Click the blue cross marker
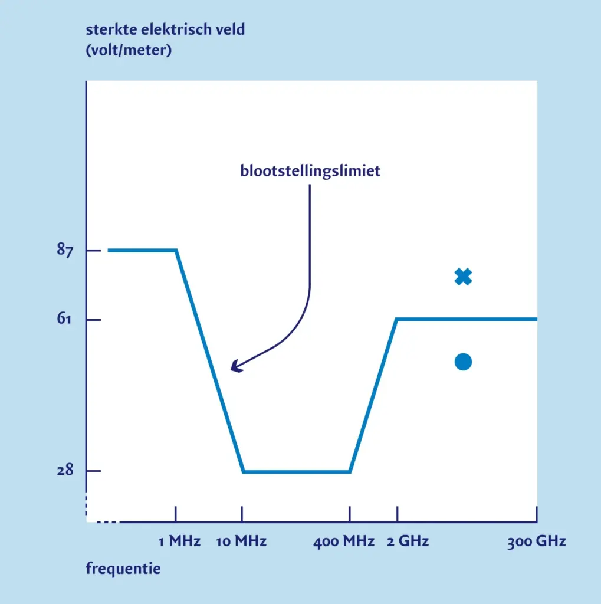464,277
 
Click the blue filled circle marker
464,362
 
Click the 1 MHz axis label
179,541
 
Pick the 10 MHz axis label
241,541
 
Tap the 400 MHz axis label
344,541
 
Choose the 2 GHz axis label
408,541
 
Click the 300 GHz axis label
536,541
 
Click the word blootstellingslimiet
310,171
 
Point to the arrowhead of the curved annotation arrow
234,368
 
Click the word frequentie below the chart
123,569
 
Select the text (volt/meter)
129,51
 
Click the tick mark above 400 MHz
350,514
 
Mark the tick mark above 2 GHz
396,514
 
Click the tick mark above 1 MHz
176,514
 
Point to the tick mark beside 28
93,471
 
